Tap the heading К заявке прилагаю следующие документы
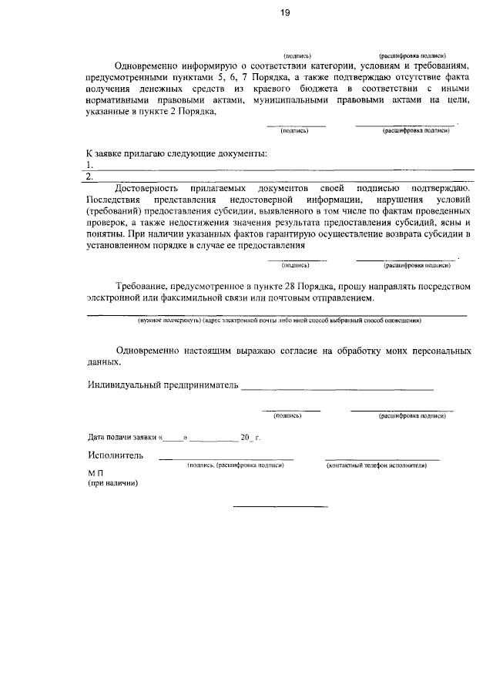point(176,153)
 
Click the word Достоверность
point(146,188)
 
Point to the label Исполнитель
point(116,455)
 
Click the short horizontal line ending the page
point(280,506)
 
